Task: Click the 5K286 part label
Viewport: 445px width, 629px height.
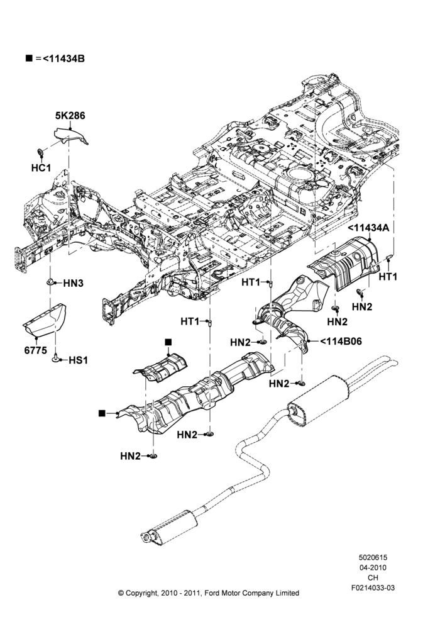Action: (x=70, y=116)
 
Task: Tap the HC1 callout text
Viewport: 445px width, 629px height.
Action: (x=41, y=168)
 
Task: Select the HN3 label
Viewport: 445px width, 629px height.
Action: (x=74, y=283)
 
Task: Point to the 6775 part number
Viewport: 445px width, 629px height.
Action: (x=36, y=350)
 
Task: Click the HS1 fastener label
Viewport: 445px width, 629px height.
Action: (x=78, y=360)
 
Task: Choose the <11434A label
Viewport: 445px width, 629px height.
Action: (x=368, y=228)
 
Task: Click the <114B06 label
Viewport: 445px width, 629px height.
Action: (x=341, y=342)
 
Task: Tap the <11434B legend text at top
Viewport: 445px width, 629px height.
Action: (x=63, y=58)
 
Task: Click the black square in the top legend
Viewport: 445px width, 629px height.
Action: (x=29, y=58)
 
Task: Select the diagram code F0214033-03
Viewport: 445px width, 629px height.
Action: (x=373, y=587)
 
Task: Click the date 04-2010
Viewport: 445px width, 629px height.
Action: (x=373, y=567)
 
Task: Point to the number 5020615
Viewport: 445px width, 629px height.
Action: (x=373, y=557)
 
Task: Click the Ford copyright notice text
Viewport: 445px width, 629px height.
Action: (x=209, y=593)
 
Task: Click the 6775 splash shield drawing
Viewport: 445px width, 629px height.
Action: (x=45, y=320)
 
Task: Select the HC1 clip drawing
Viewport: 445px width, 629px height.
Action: (x=40, y=152)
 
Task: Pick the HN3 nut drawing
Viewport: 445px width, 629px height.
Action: (x=50, y=282)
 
